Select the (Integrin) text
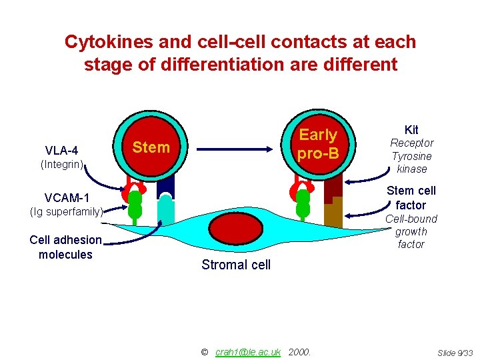click(x=62, y=163)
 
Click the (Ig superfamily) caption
click(x=66, y=212)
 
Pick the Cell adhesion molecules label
click(x=65, y=247)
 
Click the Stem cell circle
click(x=151, y=147)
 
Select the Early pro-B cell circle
click(x=317, y=144)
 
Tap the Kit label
click(x=411, y=129)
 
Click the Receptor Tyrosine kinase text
click(x=411, y=156)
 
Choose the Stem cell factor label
click(x=411, y=198)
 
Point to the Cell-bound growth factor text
click(x=411, y=231)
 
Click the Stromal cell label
click(x=236, y=265)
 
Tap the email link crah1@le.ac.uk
click(x=248, y=351)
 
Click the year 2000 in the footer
click(x=299, y=351)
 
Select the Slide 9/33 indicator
click(x=455, y=352)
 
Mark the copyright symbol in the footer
click(x=204, y=351)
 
